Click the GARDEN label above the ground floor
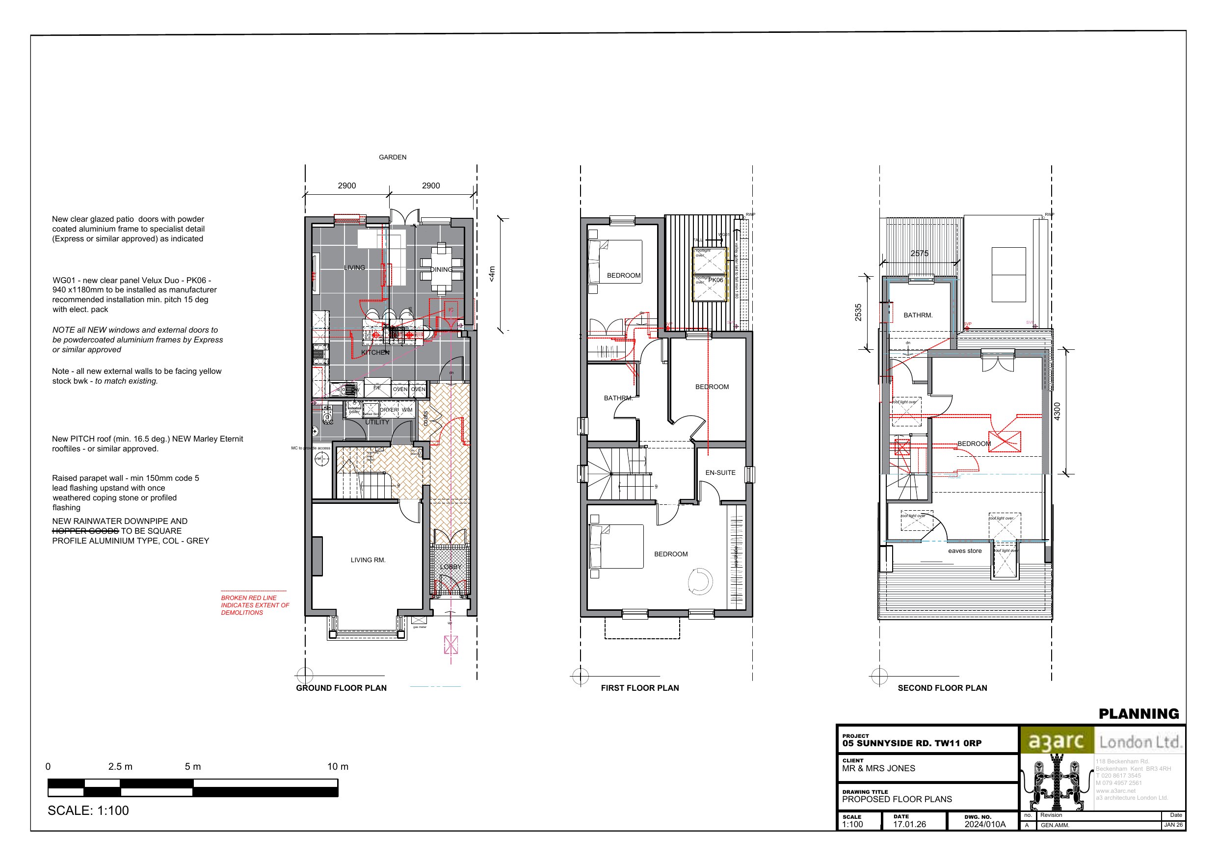pyautogui.click(x=393, y=157)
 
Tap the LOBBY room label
pyautogui.click(x=450, y=567)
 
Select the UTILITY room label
pyautogui.click(x=377, y=422)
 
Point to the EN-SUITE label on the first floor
pyautogui.click(x=720, y=472)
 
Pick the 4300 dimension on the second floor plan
pyautogui.click(x=1057, y=412)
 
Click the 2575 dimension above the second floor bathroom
pyautogui.click(x=919, y=254)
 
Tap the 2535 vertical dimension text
pyautogui.click(x=858, y=313)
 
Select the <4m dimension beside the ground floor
pyautogui.click(x=492, y=274)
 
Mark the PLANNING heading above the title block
pyautogui.click(x=1139, y=714)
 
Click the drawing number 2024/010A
pyautogui.click(x=984, y=824)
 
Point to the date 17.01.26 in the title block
pyautogui.click(x=909, y=824)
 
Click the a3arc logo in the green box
pyautogui.click(x=1056, y=742)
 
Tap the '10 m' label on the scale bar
pyautogui.click(x=338, y=767)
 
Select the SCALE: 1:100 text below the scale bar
pyautogui.click(x=88, y=810)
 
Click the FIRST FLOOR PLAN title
pyautogui.click(x=639, y=688)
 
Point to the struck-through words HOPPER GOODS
pyautogui.click(x=85, y=531)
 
